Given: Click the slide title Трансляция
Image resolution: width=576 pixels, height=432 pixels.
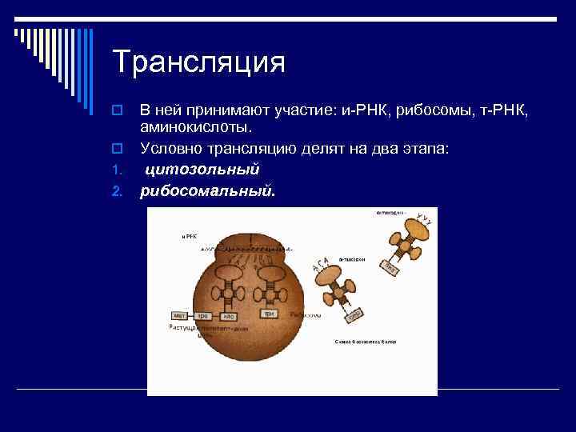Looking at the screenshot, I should tap(198, 62).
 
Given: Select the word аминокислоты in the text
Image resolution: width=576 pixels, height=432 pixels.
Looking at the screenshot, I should tap(195, 127).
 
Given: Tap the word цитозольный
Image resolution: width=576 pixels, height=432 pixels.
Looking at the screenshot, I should tap(202, 170).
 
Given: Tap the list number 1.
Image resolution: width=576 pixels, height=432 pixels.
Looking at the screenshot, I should tap(116, 170).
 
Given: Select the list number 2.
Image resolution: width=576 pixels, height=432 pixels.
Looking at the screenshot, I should tap(117, 191).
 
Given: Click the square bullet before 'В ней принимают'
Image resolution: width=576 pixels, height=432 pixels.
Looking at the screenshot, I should tap(117, 110).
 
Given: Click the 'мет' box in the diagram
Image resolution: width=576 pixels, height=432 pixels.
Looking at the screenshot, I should tap(180, 316).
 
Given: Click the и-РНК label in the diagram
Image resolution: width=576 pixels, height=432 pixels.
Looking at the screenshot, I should tap(190, 236).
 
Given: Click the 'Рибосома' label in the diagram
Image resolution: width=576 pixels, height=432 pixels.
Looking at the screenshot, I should tap(307, 315).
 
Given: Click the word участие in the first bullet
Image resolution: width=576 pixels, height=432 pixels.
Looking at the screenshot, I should tap(278, 110).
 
